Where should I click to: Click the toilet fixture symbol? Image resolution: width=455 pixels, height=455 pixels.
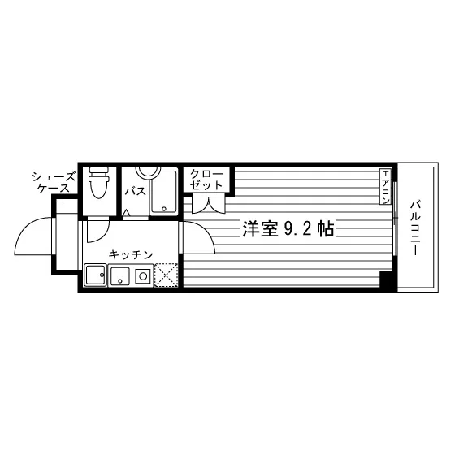coord(99,182)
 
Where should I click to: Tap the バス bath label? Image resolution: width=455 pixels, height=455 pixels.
coord(136,192)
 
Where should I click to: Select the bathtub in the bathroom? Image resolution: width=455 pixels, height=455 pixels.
coord(163,192)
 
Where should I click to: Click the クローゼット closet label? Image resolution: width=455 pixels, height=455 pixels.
coord(206,180)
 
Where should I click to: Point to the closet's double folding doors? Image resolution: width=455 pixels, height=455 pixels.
coord(208,205)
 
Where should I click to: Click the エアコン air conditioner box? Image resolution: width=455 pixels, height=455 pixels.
coord(386,186)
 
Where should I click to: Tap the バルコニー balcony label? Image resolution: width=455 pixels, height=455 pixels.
coord(415,228)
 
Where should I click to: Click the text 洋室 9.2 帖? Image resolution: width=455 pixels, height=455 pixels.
coord(288,229)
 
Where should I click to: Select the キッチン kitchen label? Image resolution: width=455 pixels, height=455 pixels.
coord(131,254)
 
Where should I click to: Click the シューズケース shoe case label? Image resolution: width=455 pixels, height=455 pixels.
coord(54,183)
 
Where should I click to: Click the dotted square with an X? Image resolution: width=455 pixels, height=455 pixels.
coord(166,275)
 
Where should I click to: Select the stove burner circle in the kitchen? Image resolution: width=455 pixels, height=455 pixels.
coord(143,276)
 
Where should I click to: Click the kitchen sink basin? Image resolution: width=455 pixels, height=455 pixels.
coord(120,275)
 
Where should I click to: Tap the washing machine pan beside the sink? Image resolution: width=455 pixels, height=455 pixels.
coord(95,275)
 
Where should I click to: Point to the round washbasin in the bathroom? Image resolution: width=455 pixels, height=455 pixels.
coord(148,173)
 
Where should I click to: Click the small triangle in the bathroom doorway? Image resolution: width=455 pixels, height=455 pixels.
coord(126,212)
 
